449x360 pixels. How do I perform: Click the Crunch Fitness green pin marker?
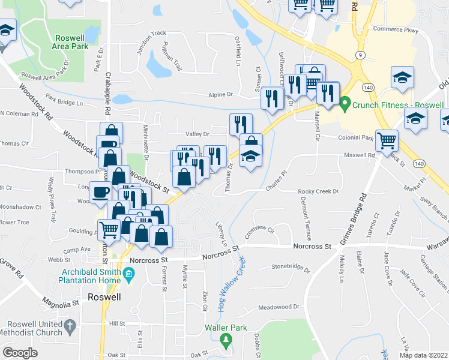[x=345, y=103]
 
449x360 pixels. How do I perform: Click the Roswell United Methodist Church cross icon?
[x=70, y=327]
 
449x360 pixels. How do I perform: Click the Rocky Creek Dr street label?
[x=319, y=191]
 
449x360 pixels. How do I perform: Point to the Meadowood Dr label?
[x=278, y=307]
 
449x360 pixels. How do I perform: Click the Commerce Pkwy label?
[x=394, y=29]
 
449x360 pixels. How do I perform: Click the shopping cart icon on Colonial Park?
[x=387, y=140]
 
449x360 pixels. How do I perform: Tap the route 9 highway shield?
[x=360, y=55]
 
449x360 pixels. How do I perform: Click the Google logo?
[x=20, y=353]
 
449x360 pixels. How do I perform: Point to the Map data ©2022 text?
[x=424, y=355]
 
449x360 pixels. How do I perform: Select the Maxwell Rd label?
[x=359, y=155]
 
